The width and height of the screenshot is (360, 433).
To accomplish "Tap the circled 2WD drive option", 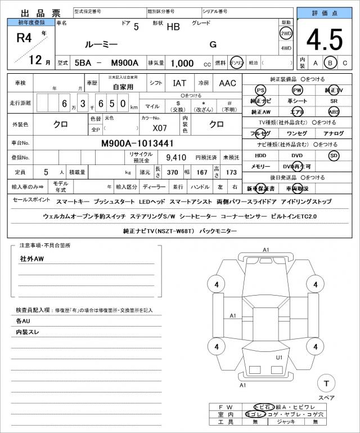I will click(x=286, y=33).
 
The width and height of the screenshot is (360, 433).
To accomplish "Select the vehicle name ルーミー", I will click(x=101, y=44).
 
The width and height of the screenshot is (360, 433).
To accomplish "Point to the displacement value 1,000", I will click(x=182, y=63).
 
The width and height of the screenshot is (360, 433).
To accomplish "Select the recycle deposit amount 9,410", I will click(x=175, y=158).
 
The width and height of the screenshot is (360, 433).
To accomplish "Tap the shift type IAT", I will click(x=179, y=83).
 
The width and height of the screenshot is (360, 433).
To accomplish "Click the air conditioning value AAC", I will click(x=227, y=83).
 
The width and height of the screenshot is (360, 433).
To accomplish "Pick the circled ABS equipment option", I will click(x=334, y=112).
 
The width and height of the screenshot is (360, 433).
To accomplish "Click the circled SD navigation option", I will click(x=334, y=155).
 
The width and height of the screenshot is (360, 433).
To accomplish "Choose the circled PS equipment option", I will click(x=260, y=90).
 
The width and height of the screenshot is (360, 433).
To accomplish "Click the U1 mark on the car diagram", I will click(x=279, y=357).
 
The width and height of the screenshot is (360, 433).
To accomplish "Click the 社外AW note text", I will click(x=32, y=259).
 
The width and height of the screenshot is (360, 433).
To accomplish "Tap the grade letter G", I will click(x=213, y=44).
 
